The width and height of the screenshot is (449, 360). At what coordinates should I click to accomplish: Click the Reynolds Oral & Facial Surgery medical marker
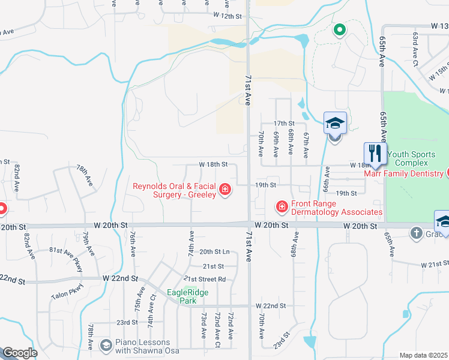[225, 191]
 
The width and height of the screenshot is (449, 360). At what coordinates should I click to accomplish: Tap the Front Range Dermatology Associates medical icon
[281, 207]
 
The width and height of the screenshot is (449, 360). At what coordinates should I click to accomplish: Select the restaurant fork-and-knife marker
[375, 152]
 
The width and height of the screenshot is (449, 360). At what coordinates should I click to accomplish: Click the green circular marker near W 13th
[339, 29]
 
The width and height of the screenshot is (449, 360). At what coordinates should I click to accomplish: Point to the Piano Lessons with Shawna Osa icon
[106, 345]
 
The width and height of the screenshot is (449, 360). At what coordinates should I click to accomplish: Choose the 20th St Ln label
[214, 252]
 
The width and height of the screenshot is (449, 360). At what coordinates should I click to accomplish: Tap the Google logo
[20, 353]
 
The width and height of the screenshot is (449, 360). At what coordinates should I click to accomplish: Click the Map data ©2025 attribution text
[423, 355]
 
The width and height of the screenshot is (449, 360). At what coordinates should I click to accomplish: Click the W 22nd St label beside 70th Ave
[270, 306]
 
